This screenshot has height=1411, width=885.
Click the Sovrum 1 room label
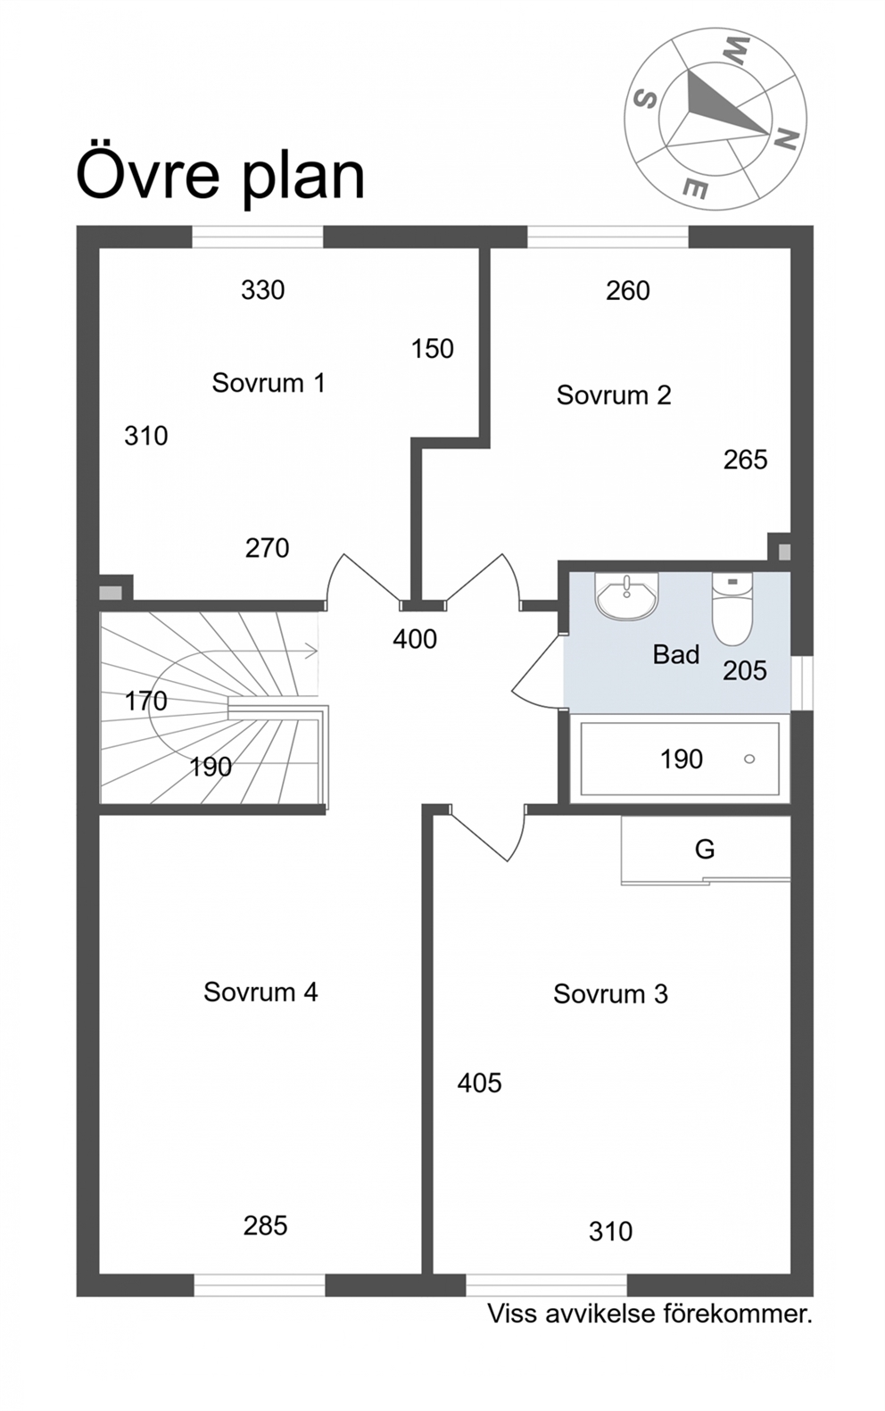269,383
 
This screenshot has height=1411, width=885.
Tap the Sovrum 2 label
614,395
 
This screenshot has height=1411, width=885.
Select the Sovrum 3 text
610,994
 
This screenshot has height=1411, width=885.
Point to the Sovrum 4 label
261,992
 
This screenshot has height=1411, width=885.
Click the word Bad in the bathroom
676,654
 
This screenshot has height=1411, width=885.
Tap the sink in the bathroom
626,595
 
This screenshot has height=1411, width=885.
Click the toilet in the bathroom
732,609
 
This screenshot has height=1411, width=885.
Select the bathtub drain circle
749,759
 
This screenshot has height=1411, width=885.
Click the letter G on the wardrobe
705,850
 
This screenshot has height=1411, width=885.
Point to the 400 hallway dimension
415,639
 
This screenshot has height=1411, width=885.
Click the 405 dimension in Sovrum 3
479,1083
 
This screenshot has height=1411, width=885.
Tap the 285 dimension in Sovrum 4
265,1225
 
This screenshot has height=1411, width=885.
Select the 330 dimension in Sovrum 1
262,290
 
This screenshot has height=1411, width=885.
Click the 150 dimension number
432,349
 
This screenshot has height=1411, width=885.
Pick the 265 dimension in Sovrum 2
745,460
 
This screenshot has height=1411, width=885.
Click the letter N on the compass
786,139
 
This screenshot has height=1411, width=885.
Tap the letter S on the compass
644,99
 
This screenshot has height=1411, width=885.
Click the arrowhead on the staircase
311,651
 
